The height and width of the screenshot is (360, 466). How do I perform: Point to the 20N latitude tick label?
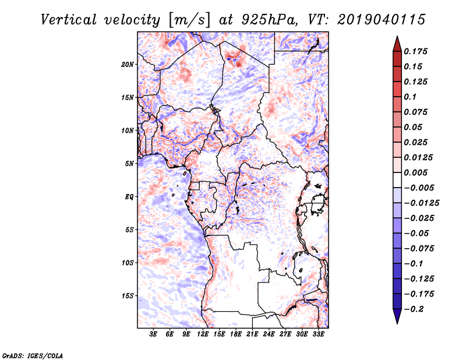pyautogui.click(x=128, y=64)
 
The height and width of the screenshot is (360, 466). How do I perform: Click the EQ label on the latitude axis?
pyautogui.click(x=129, y=196)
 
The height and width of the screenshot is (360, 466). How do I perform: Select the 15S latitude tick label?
pyautogui.click(x=128, y=296)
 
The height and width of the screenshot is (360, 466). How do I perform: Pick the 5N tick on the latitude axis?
pyautogui.click(x=129, y=164)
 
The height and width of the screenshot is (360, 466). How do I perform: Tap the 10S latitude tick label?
pyautogui.click(x=128, y=263)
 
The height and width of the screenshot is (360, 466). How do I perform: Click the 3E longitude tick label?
pyautogui.click(x=154, y=334)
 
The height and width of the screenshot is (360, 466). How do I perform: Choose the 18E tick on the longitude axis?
pyautogui.click(x=236, y=334)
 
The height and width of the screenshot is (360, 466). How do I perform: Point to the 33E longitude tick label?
pyautogui.click(x=318, y=334)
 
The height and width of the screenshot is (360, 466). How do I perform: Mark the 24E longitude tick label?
pyautogui.click(x=269, y=334)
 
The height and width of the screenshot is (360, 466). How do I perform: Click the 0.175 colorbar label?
pyautogui.click(x=416, y=51)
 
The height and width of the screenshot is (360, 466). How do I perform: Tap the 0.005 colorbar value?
pyautogui.click(x=416, y=172)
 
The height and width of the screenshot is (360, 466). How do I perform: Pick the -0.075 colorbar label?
pyautogui.click(x=418, y=248)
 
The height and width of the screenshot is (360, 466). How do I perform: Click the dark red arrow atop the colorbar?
pyautogui.click(x=396, y=43)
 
